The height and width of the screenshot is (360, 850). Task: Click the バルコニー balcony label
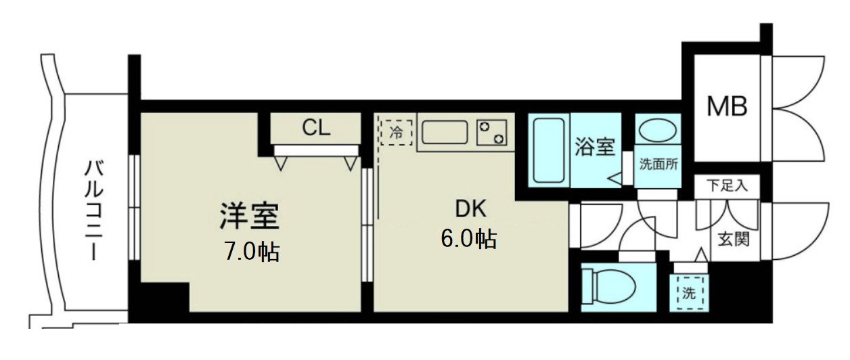tap(92, 210)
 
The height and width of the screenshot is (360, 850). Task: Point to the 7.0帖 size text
tap(251, 252)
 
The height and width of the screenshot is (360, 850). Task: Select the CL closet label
tap(316, 128)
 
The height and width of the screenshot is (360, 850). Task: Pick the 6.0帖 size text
tap(469, 238)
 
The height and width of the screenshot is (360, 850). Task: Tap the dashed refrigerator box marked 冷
tap(396, 132)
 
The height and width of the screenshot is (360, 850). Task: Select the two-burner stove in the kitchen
tap(492, 132)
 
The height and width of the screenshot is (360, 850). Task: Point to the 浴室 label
tap(594, 147)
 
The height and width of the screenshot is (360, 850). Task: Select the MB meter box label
tap(727, 106)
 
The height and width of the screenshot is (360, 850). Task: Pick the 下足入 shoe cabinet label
tap(728, 185)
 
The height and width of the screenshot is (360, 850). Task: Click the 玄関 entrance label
tap(734, 239)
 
